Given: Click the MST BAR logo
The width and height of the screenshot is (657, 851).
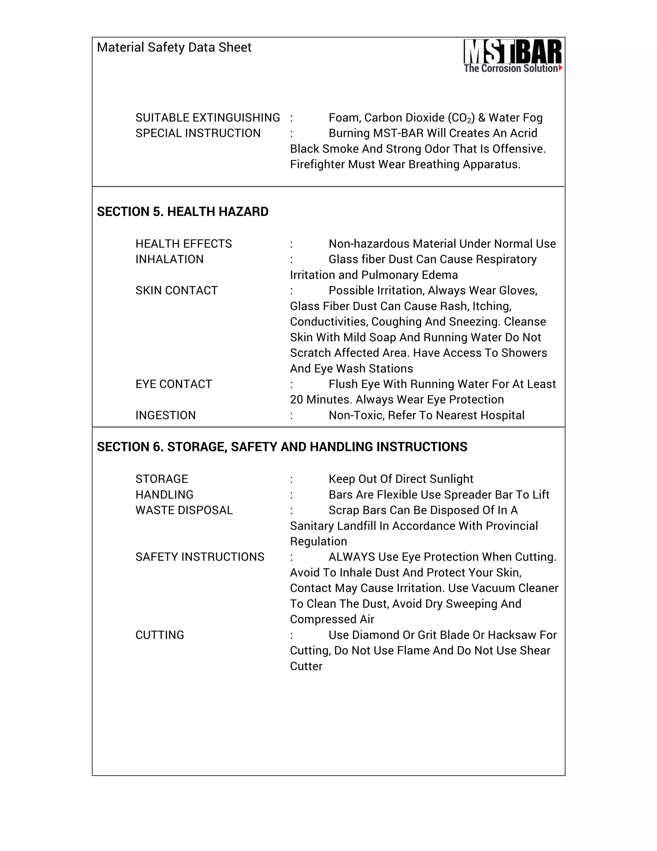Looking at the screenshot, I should pos(512,56).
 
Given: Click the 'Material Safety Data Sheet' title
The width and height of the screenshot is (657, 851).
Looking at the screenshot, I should pos(174,48).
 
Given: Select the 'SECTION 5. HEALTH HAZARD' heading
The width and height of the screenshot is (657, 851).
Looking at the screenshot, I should pos(183,212).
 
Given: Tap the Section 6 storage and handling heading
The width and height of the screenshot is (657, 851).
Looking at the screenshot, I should pos(282,447).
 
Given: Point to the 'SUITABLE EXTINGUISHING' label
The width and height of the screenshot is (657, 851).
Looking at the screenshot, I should pos(208,118).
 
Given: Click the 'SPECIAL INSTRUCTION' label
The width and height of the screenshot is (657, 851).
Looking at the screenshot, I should pos(198,133).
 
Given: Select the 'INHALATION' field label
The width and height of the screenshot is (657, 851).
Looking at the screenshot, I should pos(169,259).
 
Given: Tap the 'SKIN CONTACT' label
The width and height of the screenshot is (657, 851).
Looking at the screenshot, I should pos(176,290).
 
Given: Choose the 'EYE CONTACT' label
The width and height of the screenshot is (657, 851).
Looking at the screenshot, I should pos(174,384).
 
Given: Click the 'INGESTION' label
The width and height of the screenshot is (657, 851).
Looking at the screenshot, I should pos(166,415).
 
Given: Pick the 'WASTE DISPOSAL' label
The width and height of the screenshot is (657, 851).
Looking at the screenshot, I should pos(184,510).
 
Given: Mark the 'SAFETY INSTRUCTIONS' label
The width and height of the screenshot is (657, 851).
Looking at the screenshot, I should pos(200,557).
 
